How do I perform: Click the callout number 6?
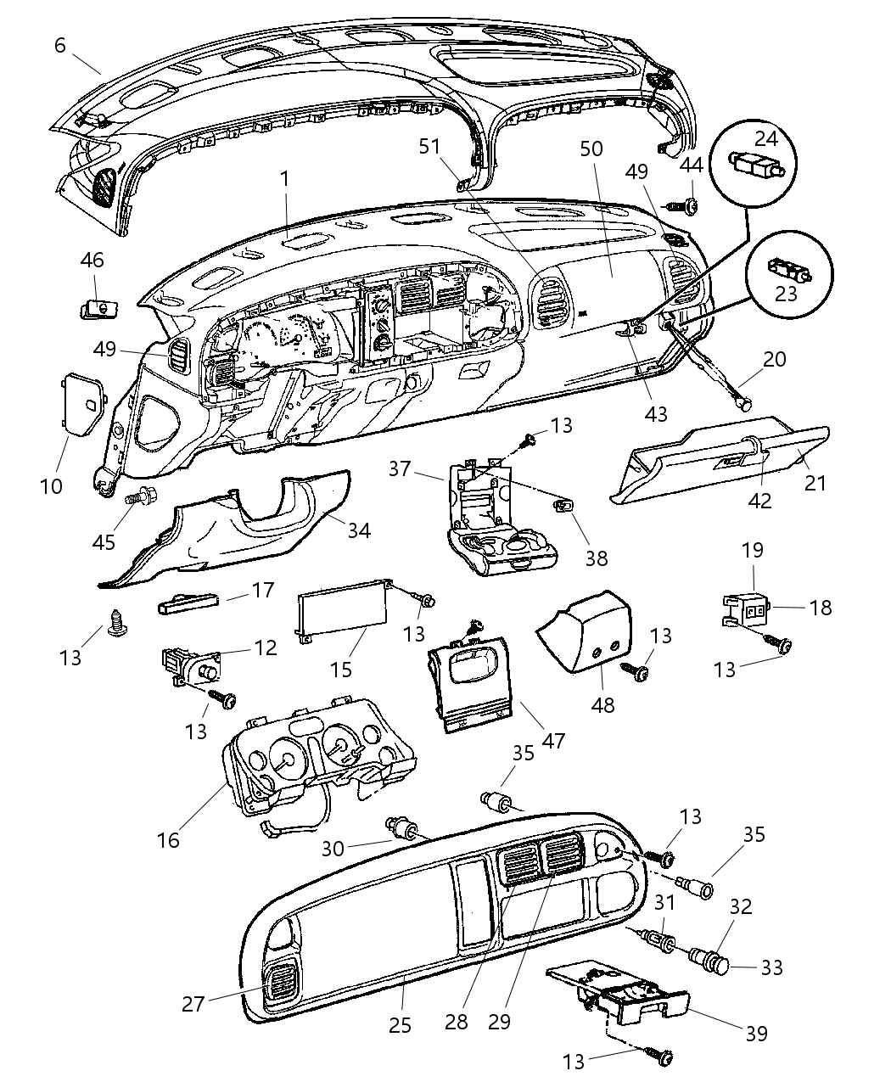(x=59, y=44)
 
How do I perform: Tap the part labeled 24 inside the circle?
(x=757, y=164)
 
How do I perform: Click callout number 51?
(x=430, y=146)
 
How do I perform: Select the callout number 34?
(x=359, y=530)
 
